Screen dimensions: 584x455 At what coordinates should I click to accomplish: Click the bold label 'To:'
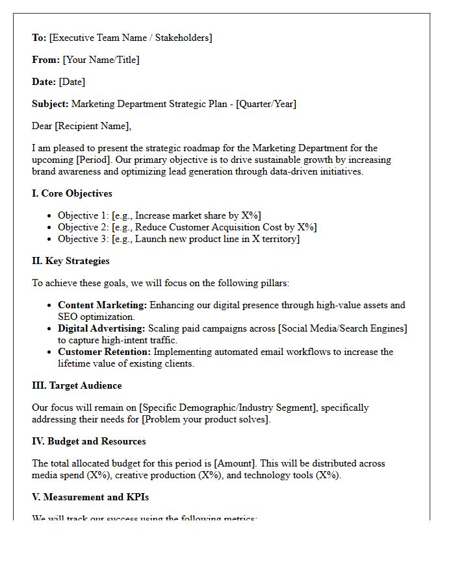point(39,38)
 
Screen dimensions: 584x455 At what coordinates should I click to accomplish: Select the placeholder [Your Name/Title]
point(101,60)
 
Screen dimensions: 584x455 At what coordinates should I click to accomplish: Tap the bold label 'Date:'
point(44,82)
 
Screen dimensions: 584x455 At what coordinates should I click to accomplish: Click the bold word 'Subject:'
point(50,104)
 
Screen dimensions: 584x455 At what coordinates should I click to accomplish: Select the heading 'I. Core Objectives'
point(71,193)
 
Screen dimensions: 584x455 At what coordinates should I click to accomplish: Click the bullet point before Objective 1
point(50,216)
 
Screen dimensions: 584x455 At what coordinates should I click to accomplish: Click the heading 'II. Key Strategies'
point(70,261)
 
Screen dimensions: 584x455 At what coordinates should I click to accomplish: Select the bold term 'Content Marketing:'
point(103,305)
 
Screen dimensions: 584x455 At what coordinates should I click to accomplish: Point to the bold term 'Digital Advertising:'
point(101,328)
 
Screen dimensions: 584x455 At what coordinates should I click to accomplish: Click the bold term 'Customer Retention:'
point(104,352)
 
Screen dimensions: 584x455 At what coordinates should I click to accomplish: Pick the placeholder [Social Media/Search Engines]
point(342,328)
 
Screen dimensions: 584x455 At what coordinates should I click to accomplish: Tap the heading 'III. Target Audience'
point(77,385)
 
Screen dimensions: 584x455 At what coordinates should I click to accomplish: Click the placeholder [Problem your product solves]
point(205,419)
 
